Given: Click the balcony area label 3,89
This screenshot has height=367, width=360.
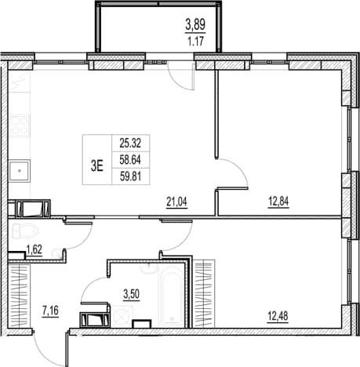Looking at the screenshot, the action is coord(195,25).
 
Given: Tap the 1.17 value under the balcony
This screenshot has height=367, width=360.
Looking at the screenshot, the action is coord(196,42).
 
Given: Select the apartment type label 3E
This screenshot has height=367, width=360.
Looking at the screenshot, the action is coord(96,165).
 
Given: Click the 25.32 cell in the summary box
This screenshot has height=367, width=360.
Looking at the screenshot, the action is coord(130,143).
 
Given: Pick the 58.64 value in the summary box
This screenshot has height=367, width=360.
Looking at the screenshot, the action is coord(130,160).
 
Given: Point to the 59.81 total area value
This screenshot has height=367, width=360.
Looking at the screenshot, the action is coord(130,176).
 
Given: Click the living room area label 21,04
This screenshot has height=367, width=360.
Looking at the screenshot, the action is coord(177,202).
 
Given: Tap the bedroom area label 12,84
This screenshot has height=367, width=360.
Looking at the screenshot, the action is coord(278,202).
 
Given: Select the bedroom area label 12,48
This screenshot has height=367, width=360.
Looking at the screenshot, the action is coord(278,316).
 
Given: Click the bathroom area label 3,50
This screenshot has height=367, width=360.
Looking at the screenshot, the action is coord(132,294).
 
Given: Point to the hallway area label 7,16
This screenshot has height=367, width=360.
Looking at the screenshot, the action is coord(50,311).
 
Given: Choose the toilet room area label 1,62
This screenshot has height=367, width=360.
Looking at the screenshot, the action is coord(35,249).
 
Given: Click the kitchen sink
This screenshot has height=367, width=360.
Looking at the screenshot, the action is coord(20,171).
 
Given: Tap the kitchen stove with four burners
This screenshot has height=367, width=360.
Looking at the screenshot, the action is coord(20,126).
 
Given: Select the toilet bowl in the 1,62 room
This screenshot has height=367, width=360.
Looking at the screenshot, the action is coord(25,231).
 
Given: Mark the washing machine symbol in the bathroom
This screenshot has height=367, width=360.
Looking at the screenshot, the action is coord(122,315).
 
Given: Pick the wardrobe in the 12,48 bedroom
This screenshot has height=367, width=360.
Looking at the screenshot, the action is coord(205,293).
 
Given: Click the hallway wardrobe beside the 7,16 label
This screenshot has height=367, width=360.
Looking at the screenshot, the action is coord(20,296).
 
